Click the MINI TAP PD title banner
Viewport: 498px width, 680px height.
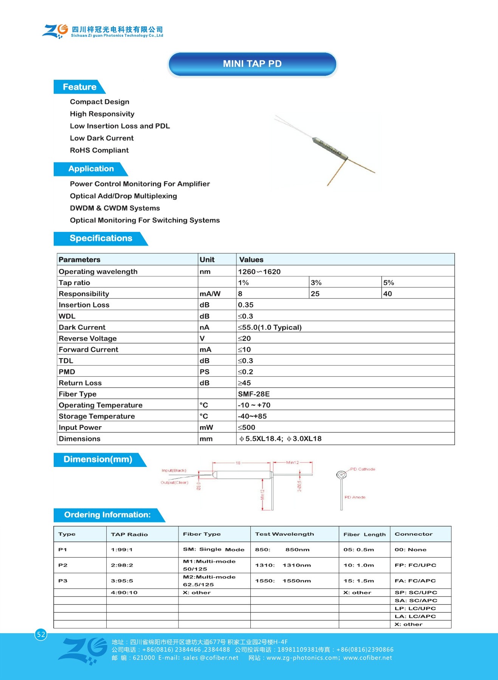(252, 64)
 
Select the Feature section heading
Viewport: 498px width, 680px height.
(79, 87)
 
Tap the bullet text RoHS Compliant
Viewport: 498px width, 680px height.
(99, 150)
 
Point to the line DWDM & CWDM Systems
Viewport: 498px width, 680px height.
(115, 208)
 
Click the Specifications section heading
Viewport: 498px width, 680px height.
(101, 238)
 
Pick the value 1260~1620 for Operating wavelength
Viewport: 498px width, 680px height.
(259, 272)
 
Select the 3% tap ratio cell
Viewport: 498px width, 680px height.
(316, 283)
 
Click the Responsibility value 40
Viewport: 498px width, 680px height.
(388, 294)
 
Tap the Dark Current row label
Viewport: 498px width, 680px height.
(82, 328)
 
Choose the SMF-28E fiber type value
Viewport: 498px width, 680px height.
(254, 394)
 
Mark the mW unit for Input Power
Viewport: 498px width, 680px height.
(206, 428)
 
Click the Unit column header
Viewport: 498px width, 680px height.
(207, 260)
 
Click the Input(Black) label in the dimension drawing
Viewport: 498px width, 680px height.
(174, 470)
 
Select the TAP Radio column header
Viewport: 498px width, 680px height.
(129, 534)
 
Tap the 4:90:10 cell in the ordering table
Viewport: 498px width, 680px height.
(124, 592)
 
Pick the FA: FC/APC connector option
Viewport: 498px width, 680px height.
(415, 581)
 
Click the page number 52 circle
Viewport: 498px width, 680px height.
(41, 635)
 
